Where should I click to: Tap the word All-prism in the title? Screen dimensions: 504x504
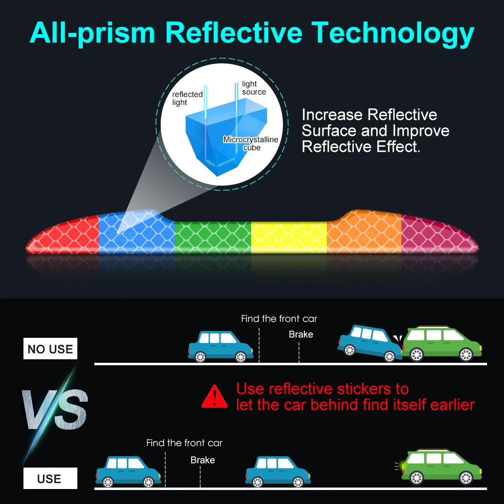[92, 33]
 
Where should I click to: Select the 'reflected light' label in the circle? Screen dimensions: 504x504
[187, 98]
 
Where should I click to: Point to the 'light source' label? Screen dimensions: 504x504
[254, 88]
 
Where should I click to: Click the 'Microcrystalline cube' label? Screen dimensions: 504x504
[251, 144]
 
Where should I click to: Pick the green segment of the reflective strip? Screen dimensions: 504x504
[212, 235]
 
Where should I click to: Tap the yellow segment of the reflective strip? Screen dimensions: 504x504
[288, 235]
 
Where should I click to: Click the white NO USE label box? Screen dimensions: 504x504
[50, 349]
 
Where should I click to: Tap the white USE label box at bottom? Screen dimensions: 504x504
[50, 479]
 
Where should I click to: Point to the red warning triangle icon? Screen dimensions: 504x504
[215, 396]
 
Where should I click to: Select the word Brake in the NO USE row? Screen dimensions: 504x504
[301, 334]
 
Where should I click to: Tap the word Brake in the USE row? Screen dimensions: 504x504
[203, 460]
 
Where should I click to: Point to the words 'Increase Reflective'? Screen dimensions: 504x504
[369, 115]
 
